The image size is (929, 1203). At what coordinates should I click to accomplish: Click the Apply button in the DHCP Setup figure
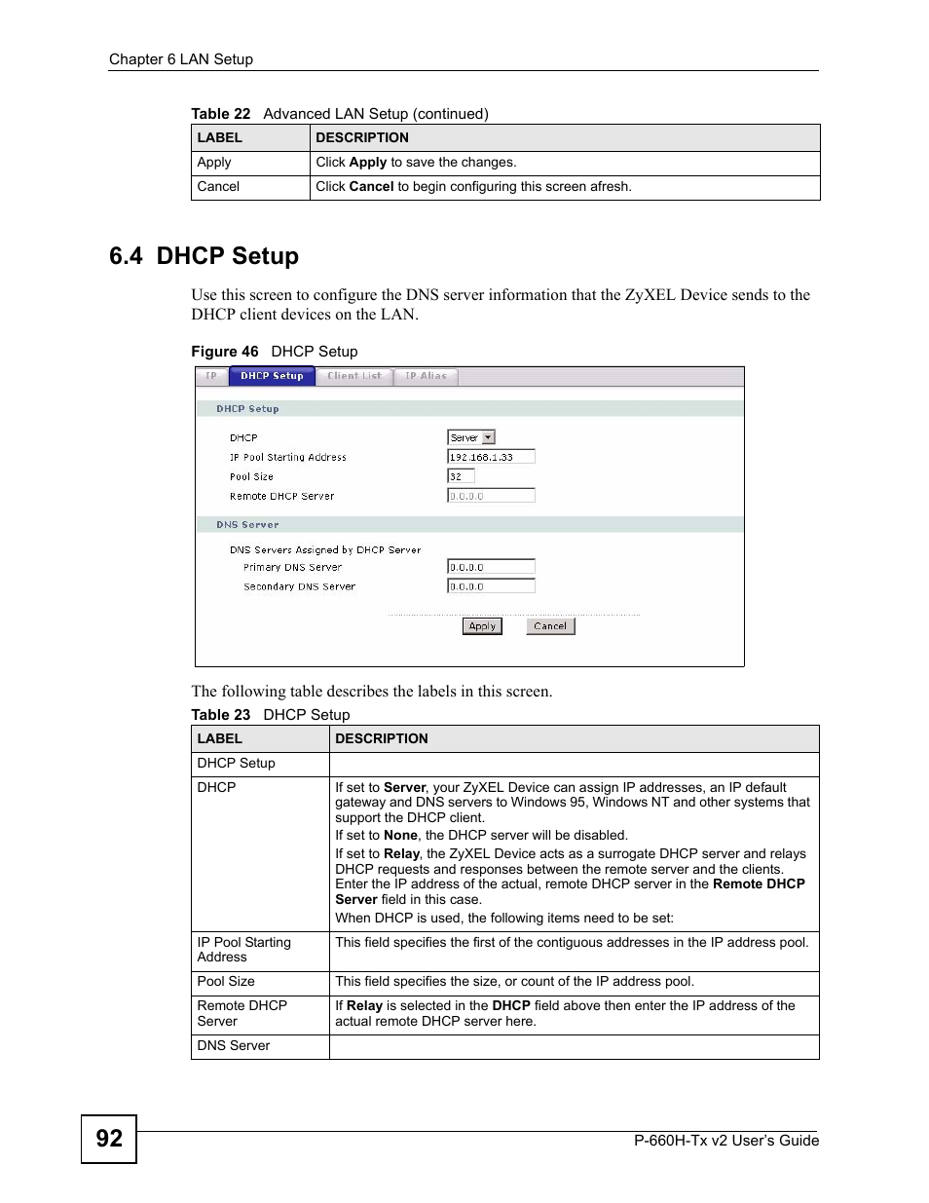(x=482, y=626)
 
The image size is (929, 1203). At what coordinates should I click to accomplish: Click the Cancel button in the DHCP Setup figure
(x=550, y=626)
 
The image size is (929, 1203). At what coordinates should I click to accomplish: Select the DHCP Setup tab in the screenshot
(x=272, y=376)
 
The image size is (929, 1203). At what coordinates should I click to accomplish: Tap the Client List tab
(x=354, y=376)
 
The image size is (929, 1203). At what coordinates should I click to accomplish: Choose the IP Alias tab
(x=426, y=376)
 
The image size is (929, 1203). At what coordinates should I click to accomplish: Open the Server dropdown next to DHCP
(x=471, y=437)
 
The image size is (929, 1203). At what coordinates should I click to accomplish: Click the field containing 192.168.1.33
(x=491, y=457)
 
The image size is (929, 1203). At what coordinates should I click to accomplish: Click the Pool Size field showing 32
(x=461, y=476)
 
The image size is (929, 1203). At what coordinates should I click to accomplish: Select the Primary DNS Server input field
(x=491, y=567)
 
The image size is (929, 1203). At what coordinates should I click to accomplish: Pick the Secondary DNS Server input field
(x=491, y=586)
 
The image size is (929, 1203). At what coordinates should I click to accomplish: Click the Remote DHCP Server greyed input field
(x=491, y=496)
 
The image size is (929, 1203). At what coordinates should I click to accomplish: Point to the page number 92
(x=109, y=1139)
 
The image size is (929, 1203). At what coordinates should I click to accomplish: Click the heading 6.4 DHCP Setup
(x=204, y=256)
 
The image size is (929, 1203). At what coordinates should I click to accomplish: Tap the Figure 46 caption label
(x=224, y=352)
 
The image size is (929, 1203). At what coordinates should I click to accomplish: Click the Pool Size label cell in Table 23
(x=226, y=982)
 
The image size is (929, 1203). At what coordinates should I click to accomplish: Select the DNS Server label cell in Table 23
(x=234, y=1046)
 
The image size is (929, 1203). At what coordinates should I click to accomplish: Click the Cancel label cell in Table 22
(x=218, y=187)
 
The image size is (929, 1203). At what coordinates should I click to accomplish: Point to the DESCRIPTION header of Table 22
(x=362, y=138)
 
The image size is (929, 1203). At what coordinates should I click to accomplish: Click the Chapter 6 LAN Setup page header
(x=181, y=59)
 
